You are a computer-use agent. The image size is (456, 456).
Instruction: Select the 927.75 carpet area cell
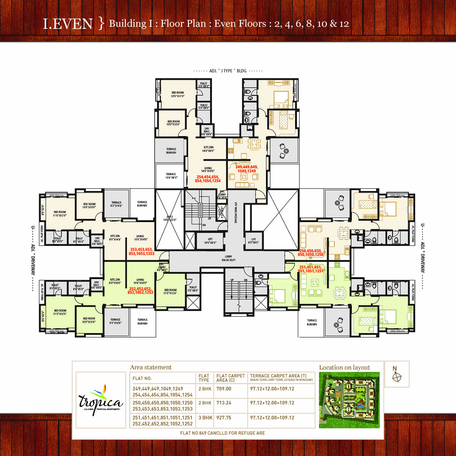[x=224, y=418]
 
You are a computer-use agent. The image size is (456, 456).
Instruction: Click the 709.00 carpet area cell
[x=224, y=389]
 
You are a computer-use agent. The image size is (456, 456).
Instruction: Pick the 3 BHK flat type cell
[x=205, y=418]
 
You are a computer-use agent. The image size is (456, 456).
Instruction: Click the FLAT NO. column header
[x=142, y=378]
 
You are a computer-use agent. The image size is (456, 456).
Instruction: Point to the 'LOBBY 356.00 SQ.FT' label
[x=228, y=258]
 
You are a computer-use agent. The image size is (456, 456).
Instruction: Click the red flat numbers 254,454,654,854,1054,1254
[x=208, y=179]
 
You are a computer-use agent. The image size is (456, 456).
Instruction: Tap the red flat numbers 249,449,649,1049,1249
[x=247, y=169]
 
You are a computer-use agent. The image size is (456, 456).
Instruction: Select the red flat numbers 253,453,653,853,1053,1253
[x=141, y=252]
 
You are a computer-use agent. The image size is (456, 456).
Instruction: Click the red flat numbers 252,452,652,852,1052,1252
[x=141, y=291]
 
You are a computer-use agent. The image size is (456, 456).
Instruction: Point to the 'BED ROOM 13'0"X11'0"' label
[x=177, y=94]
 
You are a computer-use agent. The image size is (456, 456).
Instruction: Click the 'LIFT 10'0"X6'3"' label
[x=210, y=241]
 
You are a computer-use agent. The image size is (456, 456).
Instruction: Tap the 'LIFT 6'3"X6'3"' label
[x=253, y=241]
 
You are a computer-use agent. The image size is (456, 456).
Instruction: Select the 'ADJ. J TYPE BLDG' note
[x=228, y=71]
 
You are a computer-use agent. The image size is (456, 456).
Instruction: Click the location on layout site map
[x=349, y=400]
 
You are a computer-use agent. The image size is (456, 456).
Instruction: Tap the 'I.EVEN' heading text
[x=68, y=24]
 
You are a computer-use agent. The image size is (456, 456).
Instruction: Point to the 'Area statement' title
[x=151, y=367]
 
